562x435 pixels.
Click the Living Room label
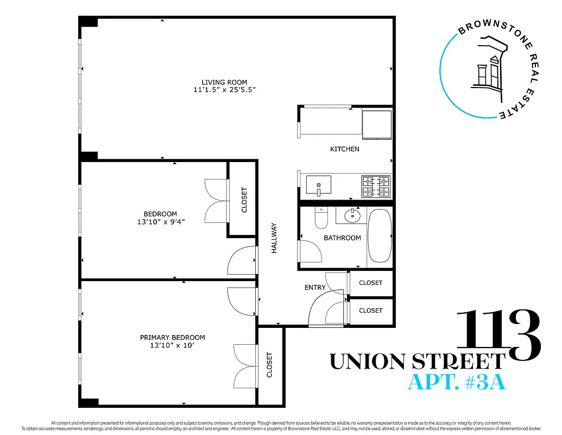[220, 82]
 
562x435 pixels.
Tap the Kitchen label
[344, 149]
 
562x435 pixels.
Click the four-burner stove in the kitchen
[376, 187]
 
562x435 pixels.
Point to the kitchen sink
[319, 185]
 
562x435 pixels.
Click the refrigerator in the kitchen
[376, 125]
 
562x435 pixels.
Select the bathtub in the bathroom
[379, 236]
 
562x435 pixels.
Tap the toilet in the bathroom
[321, 219]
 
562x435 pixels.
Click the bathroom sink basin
[352, 215]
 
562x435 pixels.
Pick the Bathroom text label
[342, 238]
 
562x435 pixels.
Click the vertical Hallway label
[274, 238]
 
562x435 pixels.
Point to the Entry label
[315, 288]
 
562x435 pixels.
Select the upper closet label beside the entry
[370, 283]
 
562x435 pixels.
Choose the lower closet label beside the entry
[370, 310]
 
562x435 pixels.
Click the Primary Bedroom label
[172, 338]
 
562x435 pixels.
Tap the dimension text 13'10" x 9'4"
[165, 222]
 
